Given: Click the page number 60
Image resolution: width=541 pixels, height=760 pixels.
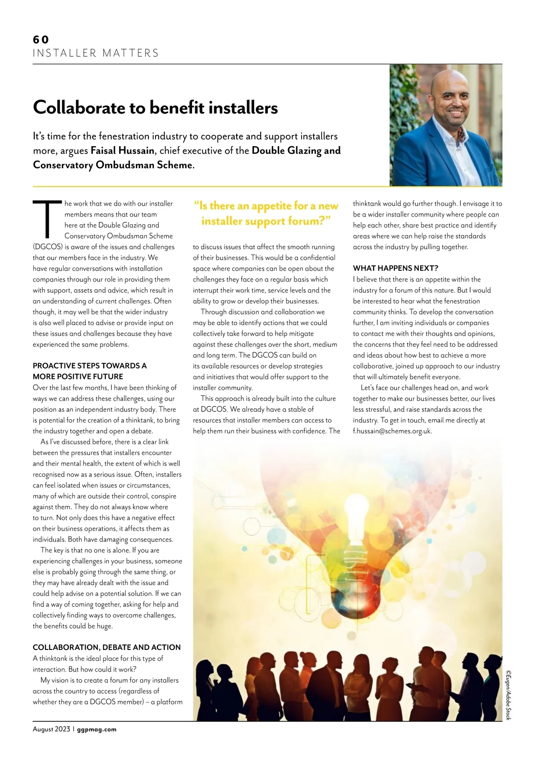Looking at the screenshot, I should coord(41,40).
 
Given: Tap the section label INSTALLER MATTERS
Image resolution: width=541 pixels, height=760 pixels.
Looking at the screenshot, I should coord(96,53).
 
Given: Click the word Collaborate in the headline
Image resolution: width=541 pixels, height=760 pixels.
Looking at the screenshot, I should coord(78,108).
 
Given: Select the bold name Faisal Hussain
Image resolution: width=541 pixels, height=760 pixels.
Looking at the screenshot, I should coord(122,151).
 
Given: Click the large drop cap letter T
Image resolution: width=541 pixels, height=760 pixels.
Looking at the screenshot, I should coord(46,219).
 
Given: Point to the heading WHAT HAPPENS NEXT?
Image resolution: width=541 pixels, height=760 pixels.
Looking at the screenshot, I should coord(395,268).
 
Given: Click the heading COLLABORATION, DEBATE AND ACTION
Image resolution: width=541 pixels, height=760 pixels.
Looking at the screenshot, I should coord(106,647).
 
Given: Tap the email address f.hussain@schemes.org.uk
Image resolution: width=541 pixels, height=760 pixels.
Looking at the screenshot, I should coord(392,431).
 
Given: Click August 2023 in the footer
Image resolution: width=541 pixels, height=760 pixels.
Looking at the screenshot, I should coord(51,729).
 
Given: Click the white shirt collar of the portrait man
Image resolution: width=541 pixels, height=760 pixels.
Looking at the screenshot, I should coord(451,135).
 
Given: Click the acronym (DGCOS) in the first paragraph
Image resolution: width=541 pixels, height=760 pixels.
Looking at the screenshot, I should coord(47,247).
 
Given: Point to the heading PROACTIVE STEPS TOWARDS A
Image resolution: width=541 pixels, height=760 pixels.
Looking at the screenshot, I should coord(89,366).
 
